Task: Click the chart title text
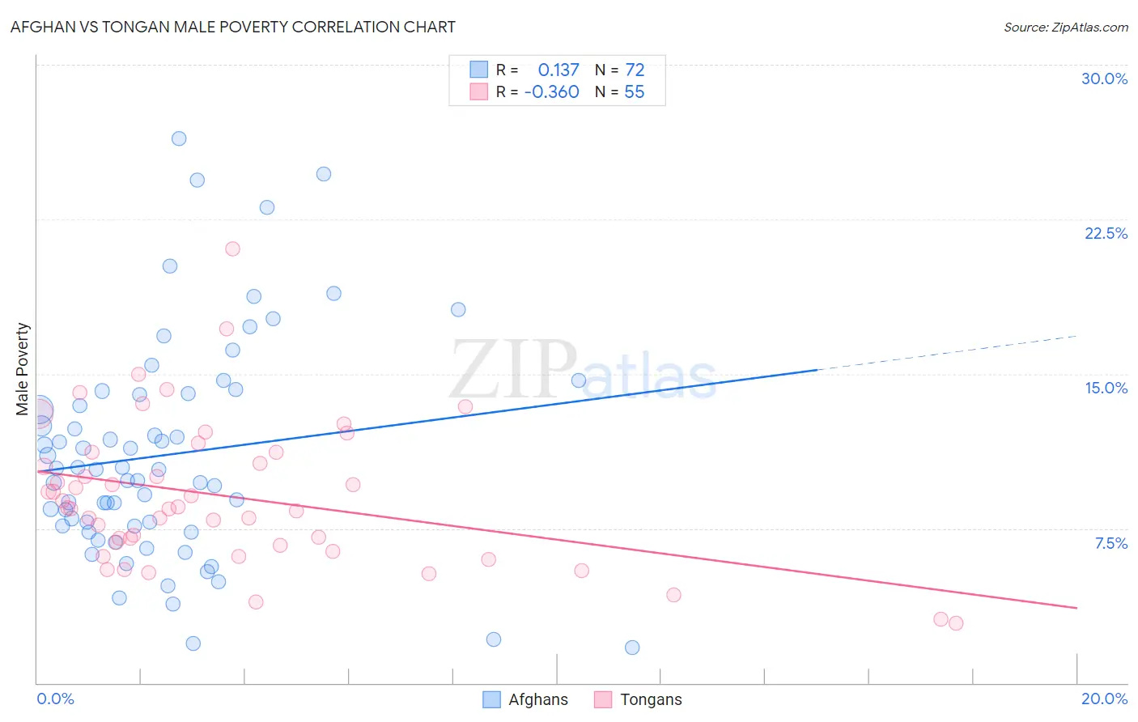[x=233, y=27]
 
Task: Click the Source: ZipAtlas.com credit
[x=1065, y=28]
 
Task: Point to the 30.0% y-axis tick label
[x=1104, y=79]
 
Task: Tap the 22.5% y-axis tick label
[x=1106, y=233]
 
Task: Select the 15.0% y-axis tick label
[x=1106, y=388]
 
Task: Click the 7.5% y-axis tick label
[x=1110, y=543]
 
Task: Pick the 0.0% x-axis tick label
[x=55, y=699]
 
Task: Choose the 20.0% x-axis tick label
[x=1104, y=699]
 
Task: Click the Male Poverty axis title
[x=23, y=369]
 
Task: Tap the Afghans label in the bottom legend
[x=538, y=699]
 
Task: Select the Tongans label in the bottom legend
[x=651, y=699]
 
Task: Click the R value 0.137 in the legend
[x=558, y=70]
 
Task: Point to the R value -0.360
[x=552, y=92]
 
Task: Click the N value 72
[x=635, y=70]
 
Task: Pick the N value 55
[x=635, y=92]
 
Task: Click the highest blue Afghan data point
[x=179, y=138]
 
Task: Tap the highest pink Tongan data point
[x=232, y=248]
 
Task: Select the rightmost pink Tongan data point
[x=956, y=623]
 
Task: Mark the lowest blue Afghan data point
[x=632, y=648]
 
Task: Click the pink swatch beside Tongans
[x=602, y=699]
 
